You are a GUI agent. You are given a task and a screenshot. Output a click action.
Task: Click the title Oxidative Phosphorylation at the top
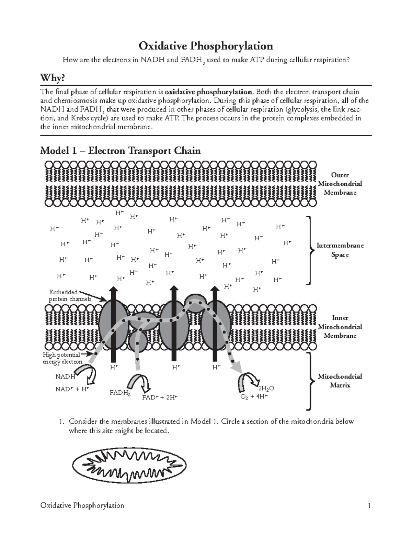205,46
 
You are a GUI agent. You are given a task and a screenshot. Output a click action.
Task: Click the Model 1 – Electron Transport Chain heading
120,151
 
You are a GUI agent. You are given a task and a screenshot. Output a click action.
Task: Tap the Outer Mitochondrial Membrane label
340,184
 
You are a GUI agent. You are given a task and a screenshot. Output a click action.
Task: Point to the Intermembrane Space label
340,250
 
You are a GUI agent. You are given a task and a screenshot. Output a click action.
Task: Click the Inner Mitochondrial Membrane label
340,327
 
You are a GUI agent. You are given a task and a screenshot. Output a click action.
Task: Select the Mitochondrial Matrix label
340,381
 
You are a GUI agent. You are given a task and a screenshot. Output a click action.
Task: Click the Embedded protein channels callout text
70,295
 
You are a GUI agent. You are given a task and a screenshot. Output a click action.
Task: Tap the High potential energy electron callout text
62,358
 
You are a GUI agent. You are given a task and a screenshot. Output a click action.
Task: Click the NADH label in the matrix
65,376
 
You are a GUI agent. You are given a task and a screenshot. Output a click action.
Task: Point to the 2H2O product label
266,388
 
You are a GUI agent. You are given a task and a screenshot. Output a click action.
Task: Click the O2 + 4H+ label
254,396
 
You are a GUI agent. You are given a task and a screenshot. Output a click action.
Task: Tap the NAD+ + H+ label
72,389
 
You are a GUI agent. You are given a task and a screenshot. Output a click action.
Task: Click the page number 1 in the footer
369,505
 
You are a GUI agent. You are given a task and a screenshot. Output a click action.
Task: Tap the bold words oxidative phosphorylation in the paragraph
209,92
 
